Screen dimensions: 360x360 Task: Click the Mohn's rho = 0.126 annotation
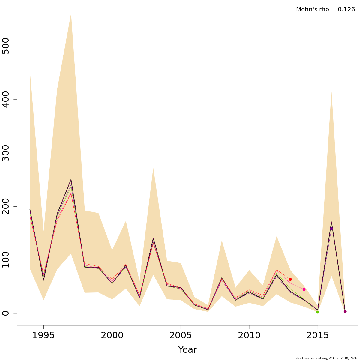(325, 10)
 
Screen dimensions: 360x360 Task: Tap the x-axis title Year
(187, 350)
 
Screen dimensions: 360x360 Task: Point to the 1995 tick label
(43, 336)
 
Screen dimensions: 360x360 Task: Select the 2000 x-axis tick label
(112, 336)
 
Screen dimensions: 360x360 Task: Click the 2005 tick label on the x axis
(181, 336)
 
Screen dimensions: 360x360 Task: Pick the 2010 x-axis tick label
(249, 336)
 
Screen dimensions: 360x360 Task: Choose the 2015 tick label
(318, 336)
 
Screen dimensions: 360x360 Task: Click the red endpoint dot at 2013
(290, 280)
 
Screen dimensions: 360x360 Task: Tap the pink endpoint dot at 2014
(304, 289)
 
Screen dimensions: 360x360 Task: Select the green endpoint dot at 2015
(318, 312)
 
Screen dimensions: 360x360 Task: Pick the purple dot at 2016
(331, 229)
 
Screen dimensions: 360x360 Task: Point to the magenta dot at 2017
(345, 312)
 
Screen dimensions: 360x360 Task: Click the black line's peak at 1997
(71, 180)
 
